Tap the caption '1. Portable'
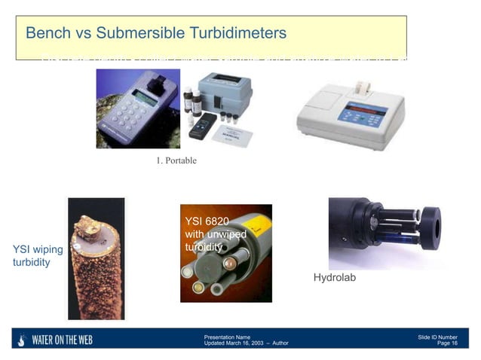coord(176,160)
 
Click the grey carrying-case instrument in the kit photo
coord(225,90)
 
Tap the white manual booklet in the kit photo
coord(231,135)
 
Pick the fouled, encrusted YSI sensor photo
coord(96,258)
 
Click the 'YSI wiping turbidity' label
coord(37,255)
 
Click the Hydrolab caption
coord(334,278)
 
